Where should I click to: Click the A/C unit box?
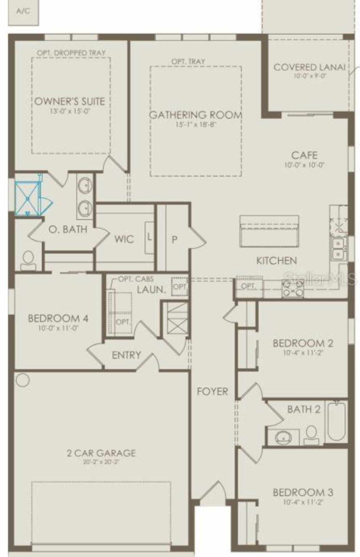[x=23, y=12]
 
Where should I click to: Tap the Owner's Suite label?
[x=69, y=101]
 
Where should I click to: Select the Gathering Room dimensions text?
[x=195, y=124]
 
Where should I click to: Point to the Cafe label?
[x=304, y=155]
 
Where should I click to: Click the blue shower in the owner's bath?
[x=28, y=199]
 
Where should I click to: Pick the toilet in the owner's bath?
[x=28, y=260]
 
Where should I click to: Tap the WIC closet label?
[x=124, y=239]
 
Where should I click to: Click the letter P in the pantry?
[x=174, y=239]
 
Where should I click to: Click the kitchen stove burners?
[x=293, y=288]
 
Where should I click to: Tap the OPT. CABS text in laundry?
[x=136, y=279]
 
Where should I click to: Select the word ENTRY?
[x=126, y=355]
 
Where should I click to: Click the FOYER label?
[x=212, y=391]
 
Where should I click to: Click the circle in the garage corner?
[x=22, y=380]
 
